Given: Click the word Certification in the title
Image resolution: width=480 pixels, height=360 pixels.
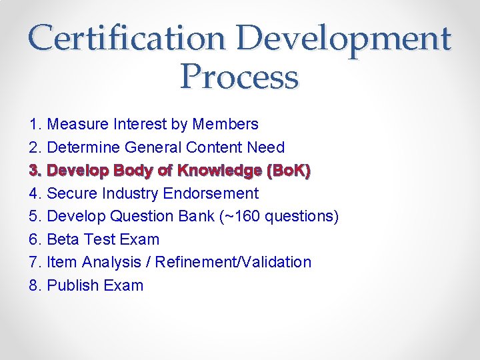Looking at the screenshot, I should pyautogui.click(x=127, y=38).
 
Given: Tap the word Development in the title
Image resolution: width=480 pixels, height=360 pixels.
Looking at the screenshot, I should pyautogui.click(x=344, y=38).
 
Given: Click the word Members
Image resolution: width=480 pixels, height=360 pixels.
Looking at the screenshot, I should pyautogui.click(x=225, y=124).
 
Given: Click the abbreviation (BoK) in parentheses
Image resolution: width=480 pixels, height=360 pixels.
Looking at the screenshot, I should pyautogui.click(x=288, y=171).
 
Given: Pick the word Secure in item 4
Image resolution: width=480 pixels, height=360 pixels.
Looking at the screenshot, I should pyautogui.click(x=73, y=193).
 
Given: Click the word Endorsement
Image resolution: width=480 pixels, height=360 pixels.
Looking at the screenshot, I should pyautogui.click(x=215, y=193).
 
